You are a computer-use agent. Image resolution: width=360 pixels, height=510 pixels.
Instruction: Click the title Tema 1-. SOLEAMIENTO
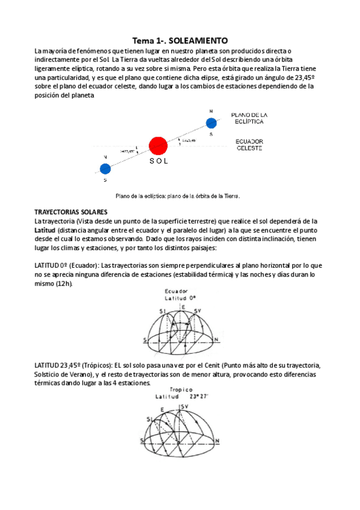coord(180,40)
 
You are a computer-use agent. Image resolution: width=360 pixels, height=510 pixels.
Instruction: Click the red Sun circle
coord(158,146)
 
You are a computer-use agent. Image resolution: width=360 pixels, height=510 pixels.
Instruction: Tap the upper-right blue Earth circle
coord(211,123)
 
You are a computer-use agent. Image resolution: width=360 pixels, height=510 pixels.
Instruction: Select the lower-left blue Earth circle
coord(105,168)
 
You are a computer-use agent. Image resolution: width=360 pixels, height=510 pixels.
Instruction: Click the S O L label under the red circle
coord(157,162)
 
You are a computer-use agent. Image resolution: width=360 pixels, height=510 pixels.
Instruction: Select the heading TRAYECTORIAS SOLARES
coord(71,212)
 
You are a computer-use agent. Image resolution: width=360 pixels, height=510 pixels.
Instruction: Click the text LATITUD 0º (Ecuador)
coord(66,265)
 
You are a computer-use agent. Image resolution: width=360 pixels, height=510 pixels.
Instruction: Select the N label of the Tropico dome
coord(217,441)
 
